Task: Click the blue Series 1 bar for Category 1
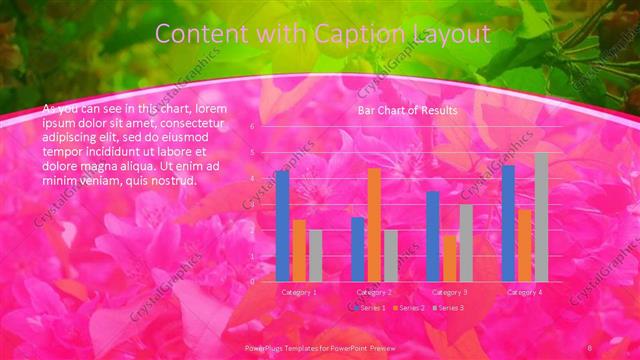[x=283, y=226]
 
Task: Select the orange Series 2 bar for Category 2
[x=374, y=225]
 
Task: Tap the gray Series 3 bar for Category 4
[x=541, y=217]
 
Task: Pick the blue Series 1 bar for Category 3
[x=433, y=236]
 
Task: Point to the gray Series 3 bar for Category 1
[x=315, y=255]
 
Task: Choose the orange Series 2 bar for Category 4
[x=525, y=245]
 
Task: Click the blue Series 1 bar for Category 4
[x=508, y=223]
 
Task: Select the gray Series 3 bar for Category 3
[x=465, y=242]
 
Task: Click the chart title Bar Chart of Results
[x=408, y=110]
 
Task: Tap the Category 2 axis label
[x=374, y=292]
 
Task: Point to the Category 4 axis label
[x=525, y=292]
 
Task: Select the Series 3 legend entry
[x=448, y=307]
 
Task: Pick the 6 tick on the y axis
[x=253, y=127]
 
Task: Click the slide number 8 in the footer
[x=590, y=346]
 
